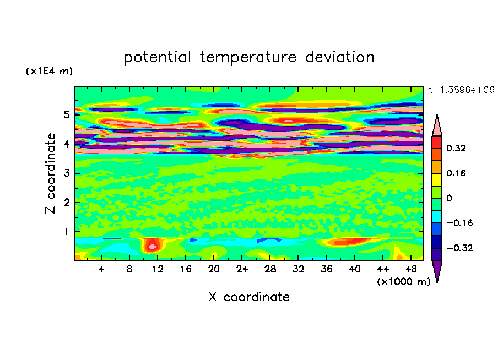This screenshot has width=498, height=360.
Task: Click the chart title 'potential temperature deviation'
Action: point(248,57)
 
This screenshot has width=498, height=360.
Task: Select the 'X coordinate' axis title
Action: point(248,297)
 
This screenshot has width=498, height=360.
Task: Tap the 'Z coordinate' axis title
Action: point(51,173)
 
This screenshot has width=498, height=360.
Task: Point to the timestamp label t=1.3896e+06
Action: point(461,89)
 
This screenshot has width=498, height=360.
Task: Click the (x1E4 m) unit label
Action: point(49,72)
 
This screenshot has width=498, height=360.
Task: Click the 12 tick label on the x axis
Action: point(158,270)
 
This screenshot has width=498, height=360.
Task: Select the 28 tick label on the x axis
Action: point(270,270)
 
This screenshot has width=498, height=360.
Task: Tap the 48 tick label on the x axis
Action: point(410,270)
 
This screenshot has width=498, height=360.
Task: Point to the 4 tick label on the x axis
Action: point(101,270)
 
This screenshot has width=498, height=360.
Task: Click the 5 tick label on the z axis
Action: point(66,115)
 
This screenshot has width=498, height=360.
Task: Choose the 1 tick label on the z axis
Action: point(66,232)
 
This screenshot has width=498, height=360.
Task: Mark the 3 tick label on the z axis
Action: point(66,173)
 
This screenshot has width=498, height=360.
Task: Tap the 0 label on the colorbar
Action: point(450,198)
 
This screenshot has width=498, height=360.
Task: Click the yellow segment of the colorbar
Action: point(437,178)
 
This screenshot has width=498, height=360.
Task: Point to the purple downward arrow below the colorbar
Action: point(437,271)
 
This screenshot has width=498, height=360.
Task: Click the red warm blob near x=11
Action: point(152,244)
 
